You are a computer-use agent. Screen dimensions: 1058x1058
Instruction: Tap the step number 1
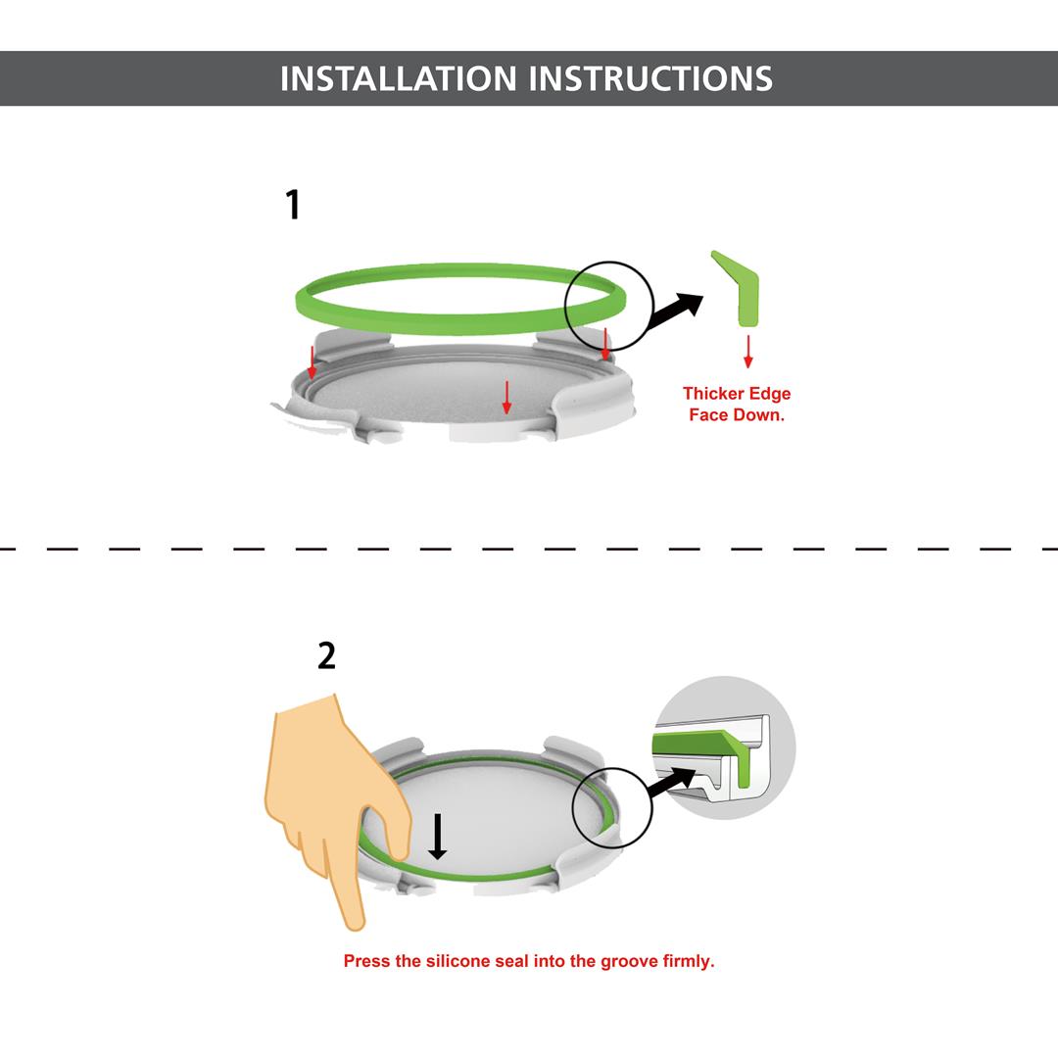coord(292,206)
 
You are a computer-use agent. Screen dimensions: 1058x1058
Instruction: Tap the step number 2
coord(326,655)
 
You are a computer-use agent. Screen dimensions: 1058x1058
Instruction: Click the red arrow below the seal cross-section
coord(748,351)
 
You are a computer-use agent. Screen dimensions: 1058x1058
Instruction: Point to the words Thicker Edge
coord(737,394)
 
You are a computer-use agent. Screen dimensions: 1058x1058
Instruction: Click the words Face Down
coord(737,414)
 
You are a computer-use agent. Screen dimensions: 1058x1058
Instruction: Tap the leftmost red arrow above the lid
coord(313,361)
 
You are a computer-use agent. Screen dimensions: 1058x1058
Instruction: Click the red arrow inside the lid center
coord(506,396)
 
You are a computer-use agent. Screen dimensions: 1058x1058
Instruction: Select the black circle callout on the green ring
coord(609,305)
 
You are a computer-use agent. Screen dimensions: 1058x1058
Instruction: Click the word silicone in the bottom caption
coord(457,961)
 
